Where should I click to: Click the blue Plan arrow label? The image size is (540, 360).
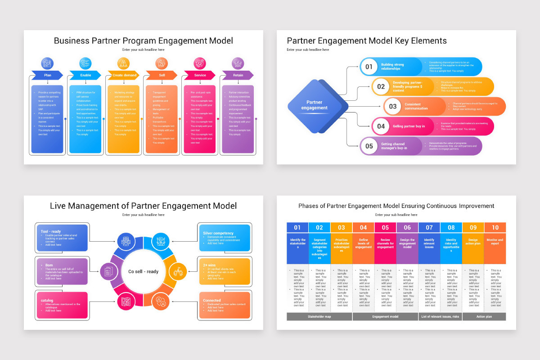(x=47, y=75)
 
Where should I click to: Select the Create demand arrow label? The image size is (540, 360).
(x=124, y=75)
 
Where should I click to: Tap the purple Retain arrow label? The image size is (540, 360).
(x=238, y=75)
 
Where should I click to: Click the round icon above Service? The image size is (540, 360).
(x=200, y=63)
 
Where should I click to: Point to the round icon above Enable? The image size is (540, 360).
(x=85, y=63)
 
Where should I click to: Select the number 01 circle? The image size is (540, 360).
(x=369, y=67)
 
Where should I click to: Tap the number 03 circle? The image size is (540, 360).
(x=393, y=107)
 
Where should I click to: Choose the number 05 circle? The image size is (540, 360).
(x=369, y=146)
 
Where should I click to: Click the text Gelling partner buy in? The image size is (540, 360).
(x=409, y=126)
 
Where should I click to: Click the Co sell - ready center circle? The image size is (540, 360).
(x=143, y=271)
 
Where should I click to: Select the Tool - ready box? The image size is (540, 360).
(x=62, y=237)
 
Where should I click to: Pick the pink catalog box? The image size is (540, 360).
(x=62, y=305)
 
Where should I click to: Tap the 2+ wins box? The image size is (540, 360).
(x=224, y=271)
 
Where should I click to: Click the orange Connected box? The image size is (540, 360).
(x=224, y=305)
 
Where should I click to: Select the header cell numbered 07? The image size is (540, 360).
(x=429, y=228)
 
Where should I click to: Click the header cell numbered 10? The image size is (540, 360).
(x=495, y=228)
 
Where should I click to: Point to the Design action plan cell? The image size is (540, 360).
(x=473, y=248)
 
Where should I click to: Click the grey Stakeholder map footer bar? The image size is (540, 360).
(x=319, y=316)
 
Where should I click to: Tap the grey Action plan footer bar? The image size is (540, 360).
(x=484, y=316)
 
